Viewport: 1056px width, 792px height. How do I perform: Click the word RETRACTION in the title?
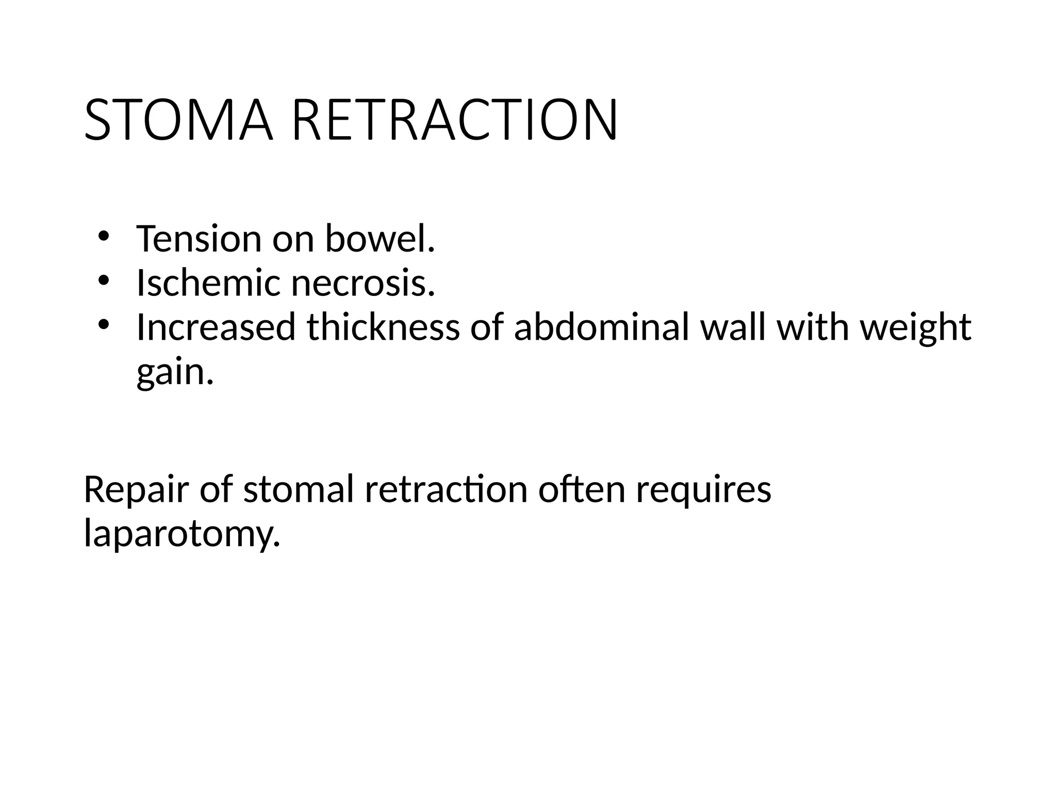click(x=454, y=121)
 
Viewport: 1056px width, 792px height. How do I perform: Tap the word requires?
click(x=703, y=490)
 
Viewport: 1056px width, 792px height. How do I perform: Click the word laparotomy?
click(x=182, y=534)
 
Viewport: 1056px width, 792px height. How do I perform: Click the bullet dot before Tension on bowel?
click(x=103, y=237)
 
